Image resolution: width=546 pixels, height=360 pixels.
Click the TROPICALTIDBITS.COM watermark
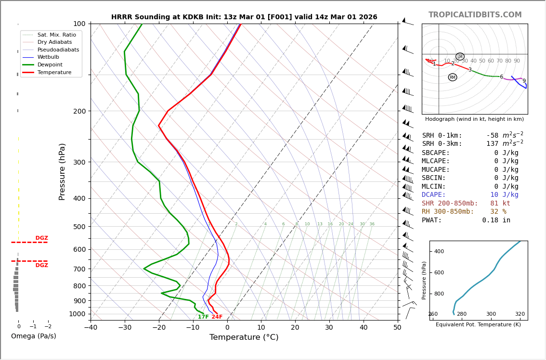[x=475, y=15]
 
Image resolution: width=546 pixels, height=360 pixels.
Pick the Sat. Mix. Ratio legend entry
[x=56, y=35]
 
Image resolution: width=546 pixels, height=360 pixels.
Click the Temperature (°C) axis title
[x=244, y=337]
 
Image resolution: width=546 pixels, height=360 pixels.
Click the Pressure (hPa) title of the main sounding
[x=62, y=171]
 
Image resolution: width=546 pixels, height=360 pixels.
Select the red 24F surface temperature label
[x=217, y=317]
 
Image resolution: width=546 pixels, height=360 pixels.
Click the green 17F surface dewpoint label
[x=203, y=317]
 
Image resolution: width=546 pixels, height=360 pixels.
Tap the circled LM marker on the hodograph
[x=460, y=57]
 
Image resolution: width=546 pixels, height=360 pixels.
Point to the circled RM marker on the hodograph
[x=453, y=77]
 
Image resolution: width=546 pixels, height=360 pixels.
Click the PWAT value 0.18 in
[x=496, y=220]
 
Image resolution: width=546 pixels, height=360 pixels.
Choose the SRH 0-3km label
[x=442, y=144]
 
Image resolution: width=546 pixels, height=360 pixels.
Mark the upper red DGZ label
[x=41, y=238]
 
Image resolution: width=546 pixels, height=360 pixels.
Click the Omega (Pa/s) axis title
[x=33, y=336]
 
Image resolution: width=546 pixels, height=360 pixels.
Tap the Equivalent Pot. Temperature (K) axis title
[x=478, y=325]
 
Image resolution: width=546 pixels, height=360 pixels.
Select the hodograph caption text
[x=474, y=119]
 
